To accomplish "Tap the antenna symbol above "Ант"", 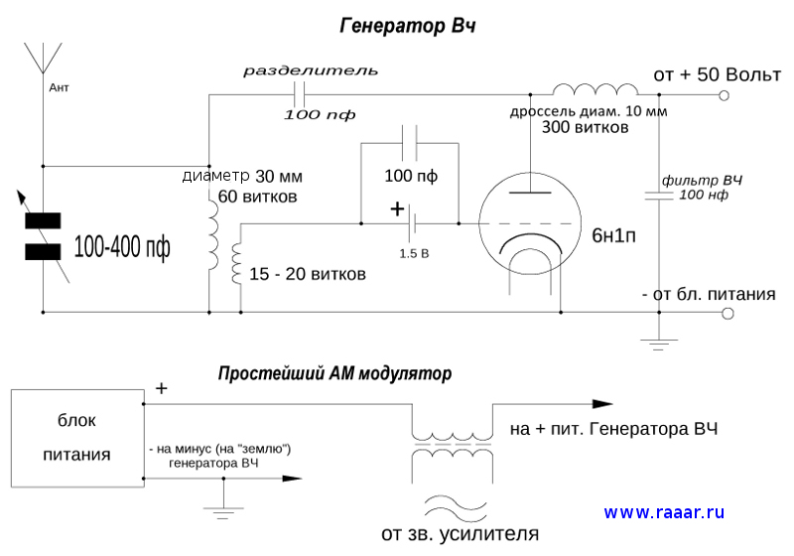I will pos(43,58).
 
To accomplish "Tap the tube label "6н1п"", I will pos(616,235).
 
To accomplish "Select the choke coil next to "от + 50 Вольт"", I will pos(595,88).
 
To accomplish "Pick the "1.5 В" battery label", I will pos(414,253).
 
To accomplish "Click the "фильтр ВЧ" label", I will pos(702,182).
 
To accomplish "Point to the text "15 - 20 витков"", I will pos(309,273).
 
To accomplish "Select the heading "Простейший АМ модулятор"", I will pos(334,374).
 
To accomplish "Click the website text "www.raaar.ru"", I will pos(664,512).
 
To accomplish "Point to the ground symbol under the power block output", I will pos(223,507).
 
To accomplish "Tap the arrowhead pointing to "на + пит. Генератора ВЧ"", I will pos(602,404).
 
